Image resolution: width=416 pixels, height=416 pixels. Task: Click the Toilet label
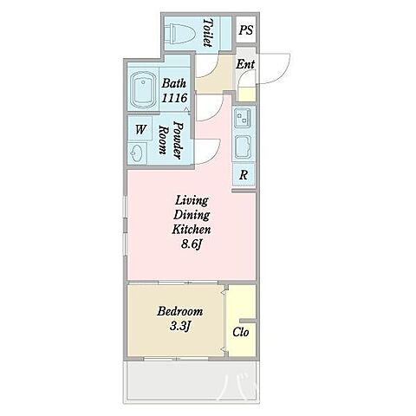coord(208,33)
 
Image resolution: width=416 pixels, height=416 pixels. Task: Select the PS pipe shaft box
coord(246,29)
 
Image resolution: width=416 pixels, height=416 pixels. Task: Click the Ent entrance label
coord(245,64)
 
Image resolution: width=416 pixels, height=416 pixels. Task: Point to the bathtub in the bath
coord(143,89)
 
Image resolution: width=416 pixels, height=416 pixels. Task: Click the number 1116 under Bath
coord(174,98)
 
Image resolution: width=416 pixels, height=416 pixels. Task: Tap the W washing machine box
coord(140,129)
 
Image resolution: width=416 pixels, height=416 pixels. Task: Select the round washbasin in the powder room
coord(137,153)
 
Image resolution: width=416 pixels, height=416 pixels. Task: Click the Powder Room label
coord(172,140)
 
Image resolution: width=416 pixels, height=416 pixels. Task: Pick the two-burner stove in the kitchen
coord(243,118)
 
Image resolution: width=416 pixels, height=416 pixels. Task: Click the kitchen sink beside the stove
coord(243,147)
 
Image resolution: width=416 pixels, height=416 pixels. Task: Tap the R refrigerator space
coord(244,174)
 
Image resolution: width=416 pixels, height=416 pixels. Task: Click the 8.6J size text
coord(191,244)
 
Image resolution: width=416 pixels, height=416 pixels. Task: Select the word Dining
coord(192,215)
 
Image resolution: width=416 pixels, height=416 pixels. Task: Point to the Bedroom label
coord(180,311)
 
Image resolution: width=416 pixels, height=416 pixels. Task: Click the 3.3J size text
coord(179,327)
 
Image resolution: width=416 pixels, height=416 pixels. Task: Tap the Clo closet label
coord(241,332)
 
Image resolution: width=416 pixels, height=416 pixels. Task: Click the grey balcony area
coord(192,380)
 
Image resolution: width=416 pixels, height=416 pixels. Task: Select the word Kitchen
coord(192,230)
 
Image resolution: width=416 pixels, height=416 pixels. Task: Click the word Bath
coord(173,83)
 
